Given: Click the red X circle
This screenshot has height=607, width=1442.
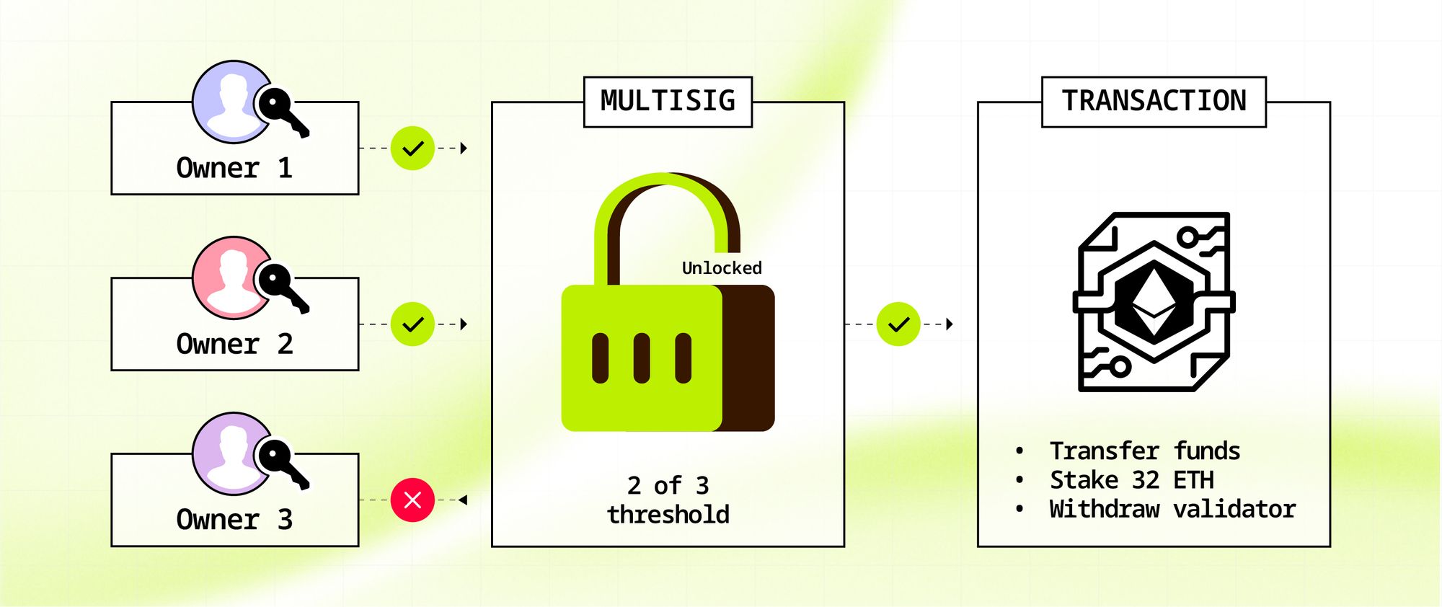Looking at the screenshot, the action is coord(412,500).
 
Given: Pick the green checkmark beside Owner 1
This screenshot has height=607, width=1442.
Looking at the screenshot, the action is coord(412,149).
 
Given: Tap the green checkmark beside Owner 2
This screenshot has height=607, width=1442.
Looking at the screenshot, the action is coord(412,324).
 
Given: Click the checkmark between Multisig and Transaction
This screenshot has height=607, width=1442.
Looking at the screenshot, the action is coord(898,324).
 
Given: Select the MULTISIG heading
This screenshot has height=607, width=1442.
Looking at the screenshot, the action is coord(668,101).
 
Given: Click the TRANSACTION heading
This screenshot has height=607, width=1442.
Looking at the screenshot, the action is coord(1154,101).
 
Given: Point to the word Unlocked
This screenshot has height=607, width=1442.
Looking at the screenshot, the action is coord(722,268).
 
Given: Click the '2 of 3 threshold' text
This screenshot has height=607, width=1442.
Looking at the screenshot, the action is coord(668,500).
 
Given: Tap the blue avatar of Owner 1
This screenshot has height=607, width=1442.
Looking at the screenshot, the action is coord(229,102).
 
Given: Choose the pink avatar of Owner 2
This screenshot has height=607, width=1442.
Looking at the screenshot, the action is coord(229,278).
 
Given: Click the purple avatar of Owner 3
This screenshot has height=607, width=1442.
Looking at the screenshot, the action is coord(229,454).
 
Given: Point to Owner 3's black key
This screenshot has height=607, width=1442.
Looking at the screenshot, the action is coord(283,464).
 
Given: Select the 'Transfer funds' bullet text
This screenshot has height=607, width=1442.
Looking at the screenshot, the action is coord(1144,451).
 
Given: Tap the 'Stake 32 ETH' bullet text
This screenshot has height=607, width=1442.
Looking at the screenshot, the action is coord(1131,480).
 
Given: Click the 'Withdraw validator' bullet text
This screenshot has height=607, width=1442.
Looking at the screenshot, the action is coord(1172,510).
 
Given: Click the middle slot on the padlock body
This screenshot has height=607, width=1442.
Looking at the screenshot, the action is coord(642,358).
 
